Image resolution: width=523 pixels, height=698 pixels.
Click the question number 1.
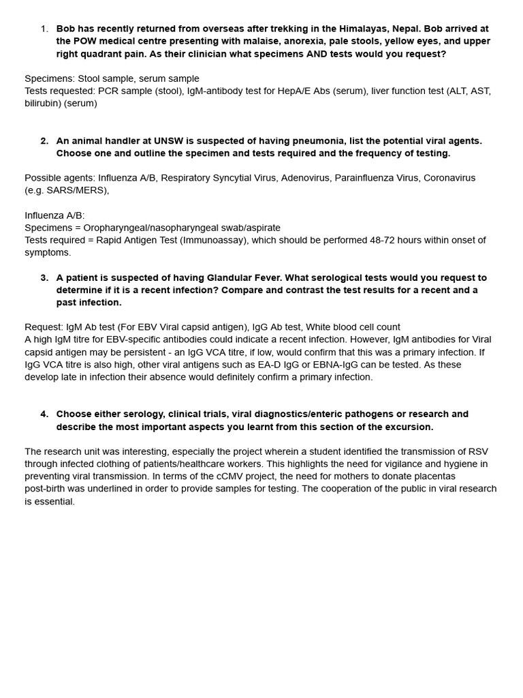[x=44, y=29]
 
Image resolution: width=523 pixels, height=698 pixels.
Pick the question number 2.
[x=44, y=140]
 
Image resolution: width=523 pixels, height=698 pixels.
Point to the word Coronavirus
[x=449, y=178]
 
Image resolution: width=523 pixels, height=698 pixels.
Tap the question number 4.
[x=44, y=414]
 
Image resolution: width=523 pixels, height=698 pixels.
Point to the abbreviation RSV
[x=477, y=451]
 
